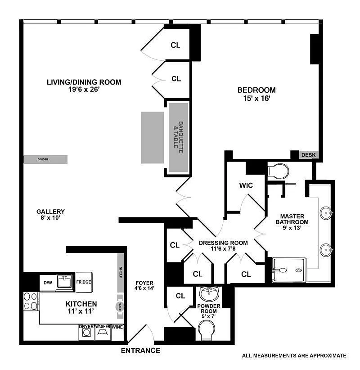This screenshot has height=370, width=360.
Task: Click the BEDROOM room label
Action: coord(256,90)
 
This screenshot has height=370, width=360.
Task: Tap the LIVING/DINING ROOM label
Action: coord(84,82)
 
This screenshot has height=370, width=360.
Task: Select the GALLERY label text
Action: coord(51,212)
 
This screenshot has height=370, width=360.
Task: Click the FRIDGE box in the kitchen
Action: coord(84,282)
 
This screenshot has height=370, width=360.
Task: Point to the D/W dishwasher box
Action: coord(47,282)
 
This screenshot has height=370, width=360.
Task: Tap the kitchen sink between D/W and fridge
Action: coord(65,282)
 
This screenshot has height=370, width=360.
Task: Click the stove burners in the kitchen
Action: coord(31,301)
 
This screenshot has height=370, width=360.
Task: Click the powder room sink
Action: coord(208,294)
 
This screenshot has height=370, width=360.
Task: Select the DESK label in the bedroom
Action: coord(308,155)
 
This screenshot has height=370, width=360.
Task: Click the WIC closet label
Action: coord(246,185)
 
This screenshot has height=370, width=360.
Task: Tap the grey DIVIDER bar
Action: coord(45,159)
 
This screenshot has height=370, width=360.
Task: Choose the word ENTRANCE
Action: coord(140,351)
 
